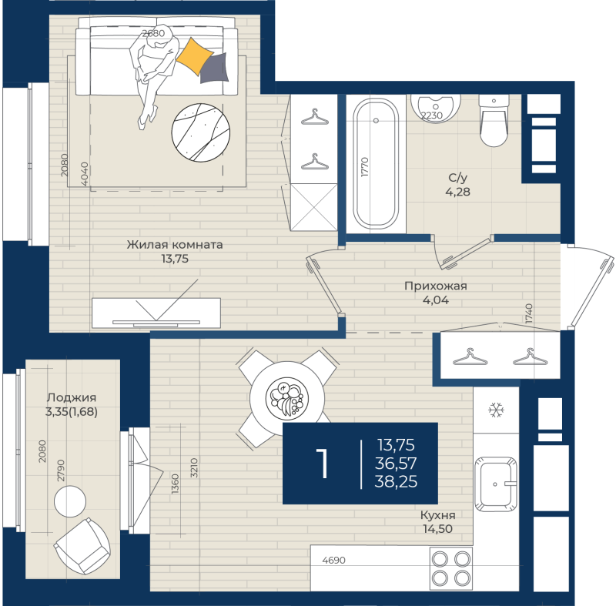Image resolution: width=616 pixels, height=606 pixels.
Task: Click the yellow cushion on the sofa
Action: point(195,55)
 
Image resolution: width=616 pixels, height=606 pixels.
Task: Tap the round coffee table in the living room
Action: point(201,132)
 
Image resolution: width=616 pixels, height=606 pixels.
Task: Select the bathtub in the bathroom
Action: point(376,163)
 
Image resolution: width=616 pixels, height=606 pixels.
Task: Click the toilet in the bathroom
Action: point(494,121)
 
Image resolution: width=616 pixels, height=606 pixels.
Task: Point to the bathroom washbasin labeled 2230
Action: point(435,109)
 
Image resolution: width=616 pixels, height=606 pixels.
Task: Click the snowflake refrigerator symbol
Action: point(496,410)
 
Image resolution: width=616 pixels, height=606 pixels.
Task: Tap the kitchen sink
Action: point(496,484)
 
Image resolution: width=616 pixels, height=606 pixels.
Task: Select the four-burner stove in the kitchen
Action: point(451,568)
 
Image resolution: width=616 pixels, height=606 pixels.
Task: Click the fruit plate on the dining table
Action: point(287,397)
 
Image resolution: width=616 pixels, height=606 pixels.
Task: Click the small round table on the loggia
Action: point(70,501)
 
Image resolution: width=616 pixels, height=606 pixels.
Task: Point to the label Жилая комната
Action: point(175,245)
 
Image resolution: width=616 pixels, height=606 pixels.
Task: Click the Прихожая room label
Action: point(436,286)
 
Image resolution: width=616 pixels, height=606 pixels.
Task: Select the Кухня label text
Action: point(437,515)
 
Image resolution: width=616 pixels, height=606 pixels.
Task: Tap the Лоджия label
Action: point(72,397)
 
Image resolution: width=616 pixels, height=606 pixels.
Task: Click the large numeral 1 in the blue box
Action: point(323,464)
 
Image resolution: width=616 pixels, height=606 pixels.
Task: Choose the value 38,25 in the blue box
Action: point(396,481)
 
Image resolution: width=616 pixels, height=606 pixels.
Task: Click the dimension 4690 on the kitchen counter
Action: point(334,560)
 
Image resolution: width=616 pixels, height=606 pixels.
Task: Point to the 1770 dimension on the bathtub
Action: point(364,167)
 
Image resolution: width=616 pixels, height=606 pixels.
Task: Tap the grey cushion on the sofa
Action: point(214,69)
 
